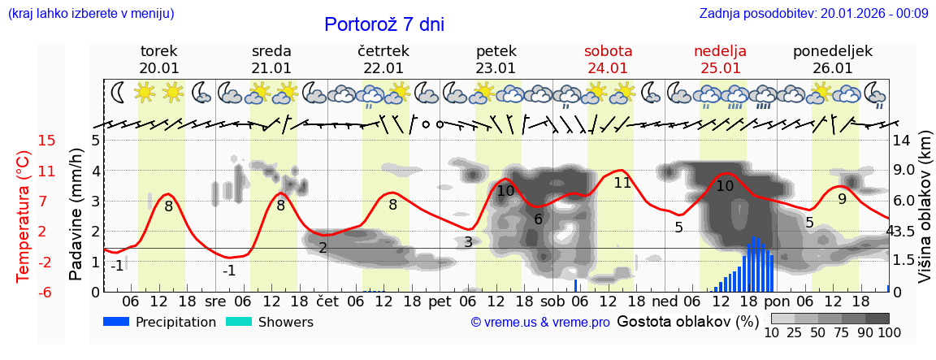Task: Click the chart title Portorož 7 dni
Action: tap(383, 24)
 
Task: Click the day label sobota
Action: tap(608, 51)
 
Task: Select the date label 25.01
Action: tap(720, 68)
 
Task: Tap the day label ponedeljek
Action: tap(832, 51)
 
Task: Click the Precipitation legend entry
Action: tap(161, 322)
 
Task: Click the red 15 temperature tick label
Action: tap(47, 141)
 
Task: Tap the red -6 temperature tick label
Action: tap(47, 292)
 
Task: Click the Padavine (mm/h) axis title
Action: tap(76, 215)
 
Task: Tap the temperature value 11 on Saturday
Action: tap(622, 183)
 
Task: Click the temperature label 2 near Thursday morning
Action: tap(323, 248)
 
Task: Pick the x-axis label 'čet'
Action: tap(327, 301)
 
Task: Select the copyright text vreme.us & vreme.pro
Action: tap(540, 323)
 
